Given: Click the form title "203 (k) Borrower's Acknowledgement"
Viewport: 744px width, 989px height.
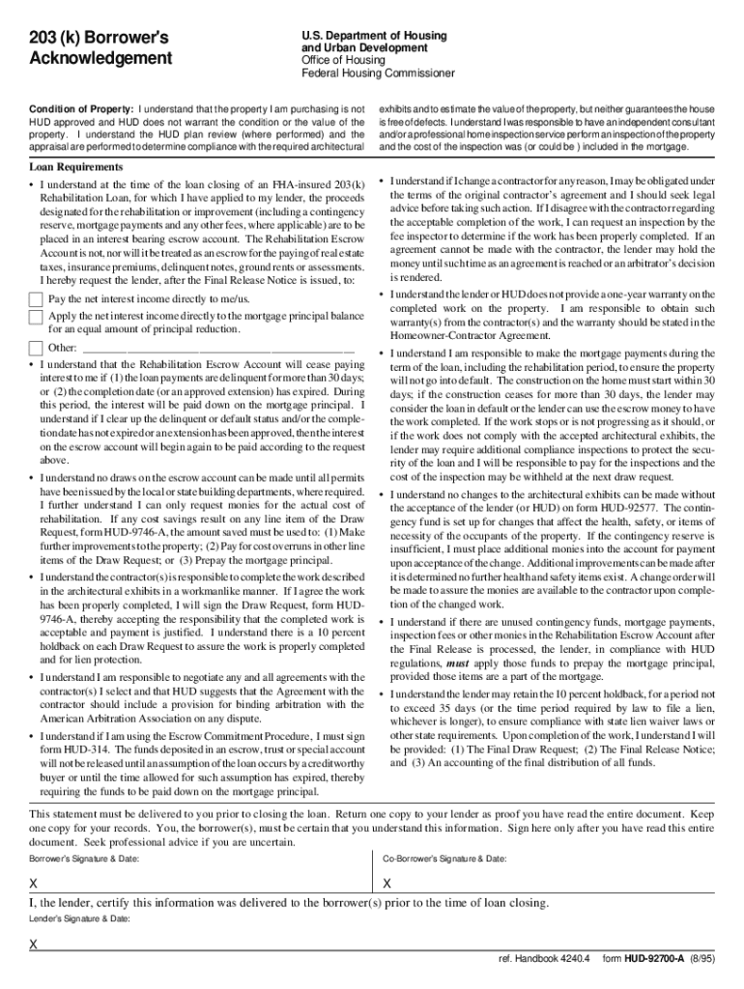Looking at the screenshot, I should point(99,47).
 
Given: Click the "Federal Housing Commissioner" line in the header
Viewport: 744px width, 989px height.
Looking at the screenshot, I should point(378,73).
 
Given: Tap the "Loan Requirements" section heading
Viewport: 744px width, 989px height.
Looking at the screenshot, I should point(74,166).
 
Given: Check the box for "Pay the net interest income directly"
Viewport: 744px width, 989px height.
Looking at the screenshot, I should point(36,299).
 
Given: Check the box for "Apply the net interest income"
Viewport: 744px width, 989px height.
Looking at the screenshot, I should point(36,317).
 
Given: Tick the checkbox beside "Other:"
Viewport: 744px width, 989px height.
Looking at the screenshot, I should point(36,348).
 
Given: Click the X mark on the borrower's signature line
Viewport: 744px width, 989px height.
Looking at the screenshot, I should point(34,884).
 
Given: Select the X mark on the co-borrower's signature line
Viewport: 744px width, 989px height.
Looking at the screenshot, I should point(387,884).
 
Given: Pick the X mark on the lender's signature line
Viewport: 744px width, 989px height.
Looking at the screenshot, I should point(34,945).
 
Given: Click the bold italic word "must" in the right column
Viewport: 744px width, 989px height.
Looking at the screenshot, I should point(459,665).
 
